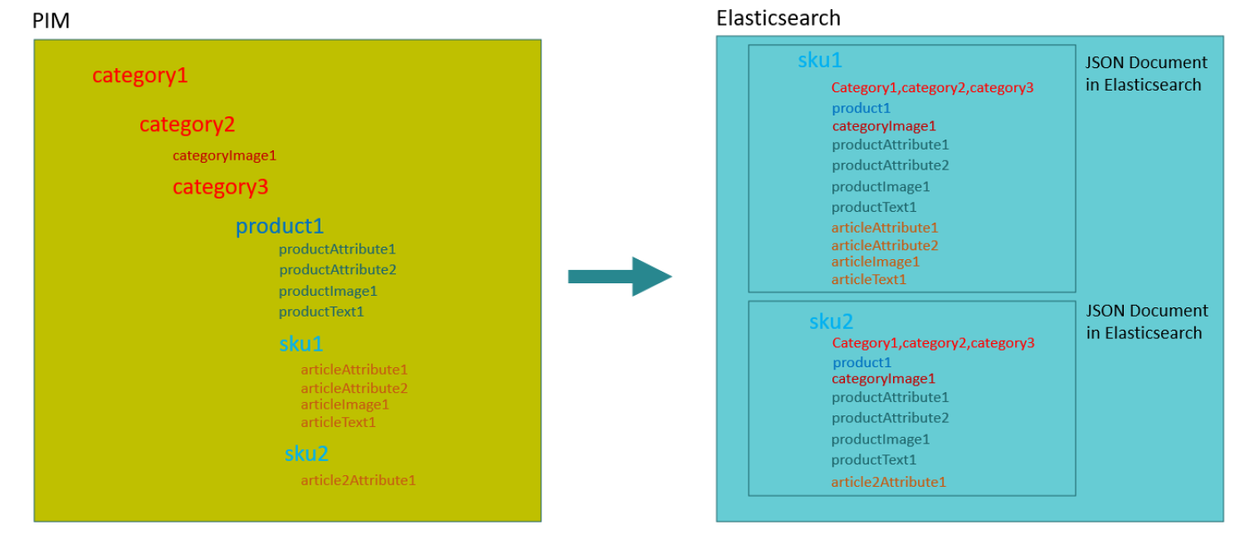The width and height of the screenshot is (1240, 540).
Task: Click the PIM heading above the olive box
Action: point(51,21)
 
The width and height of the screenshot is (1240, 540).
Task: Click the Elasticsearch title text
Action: point(778,18)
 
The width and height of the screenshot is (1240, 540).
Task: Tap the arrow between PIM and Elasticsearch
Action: point(619,277)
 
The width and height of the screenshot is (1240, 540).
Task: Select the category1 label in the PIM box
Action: point(139,76)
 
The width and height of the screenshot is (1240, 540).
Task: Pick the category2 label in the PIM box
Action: point(187,125)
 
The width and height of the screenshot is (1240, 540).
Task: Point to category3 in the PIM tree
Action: point(220,187)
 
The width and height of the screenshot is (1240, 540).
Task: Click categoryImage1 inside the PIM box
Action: point(224,155)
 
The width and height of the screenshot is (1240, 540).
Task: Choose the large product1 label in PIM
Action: point(279,226)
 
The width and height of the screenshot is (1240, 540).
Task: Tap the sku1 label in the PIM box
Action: point(300,344)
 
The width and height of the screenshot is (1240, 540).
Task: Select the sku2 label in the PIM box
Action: point(306,454)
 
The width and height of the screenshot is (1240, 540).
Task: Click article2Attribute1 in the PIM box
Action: point(358,480)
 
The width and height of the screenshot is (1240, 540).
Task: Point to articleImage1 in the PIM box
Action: point(344,405)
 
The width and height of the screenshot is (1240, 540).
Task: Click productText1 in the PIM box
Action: point(321,312)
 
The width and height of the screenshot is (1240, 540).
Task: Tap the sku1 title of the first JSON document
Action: point(819,60)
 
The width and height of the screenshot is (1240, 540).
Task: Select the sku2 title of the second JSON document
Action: point(831,322)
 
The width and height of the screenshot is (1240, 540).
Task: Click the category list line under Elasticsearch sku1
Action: point(932,87)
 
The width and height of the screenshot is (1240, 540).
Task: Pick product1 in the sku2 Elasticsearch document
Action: point(862,362)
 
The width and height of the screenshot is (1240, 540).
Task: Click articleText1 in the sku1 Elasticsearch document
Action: point(868,280)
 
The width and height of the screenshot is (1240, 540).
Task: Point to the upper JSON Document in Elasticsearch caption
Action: point(1146,73)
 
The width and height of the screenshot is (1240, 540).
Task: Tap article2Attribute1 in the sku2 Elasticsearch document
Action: point(888,482)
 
